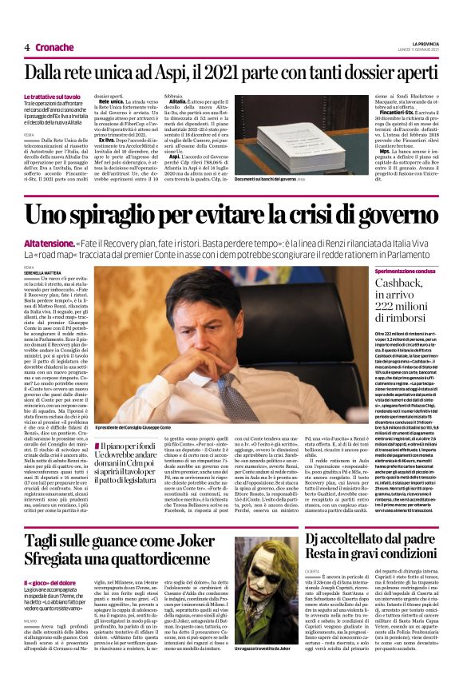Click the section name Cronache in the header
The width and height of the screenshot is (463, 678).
[55, 47]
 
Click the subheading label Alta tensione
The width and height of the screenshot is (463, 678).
[48, 242]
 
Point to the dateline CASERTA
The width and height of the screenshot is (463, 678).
[315, 571]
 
